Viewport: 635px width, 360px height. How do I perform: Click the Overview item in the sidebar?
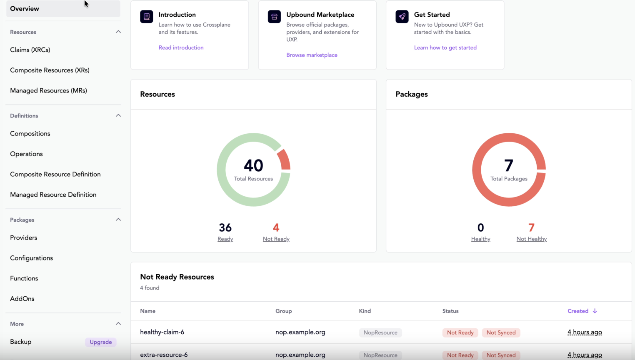click(x=25, y=9)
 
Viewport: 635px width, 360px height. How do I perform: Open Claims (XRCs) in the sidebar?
click(x=30, y=50)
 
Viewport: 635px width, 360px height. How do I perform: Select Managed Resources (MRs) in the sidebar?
click(x=48, y=91)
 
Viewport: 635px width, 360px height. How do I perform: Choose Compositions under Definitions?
click(x=30, y=134)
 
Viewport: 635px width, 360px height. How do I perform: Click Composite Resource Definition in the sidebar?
click(x=55, y=175)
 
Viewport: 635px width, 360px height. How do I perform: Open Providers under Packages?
click(x=24, y=238)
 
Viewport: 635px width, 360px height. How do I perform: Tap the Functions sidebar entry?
click(x=24, y=279)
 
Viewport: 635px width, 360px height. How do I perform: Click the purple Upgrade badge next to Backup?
click(x=101, y=342)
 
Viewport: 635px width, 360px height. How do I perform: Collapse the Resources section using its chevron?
click(x=118, y=32)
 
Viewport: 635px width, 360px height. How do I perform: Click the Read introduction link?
click(x=181, y=48)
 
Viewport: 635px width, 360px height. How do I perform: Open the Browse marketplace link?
click(x=312, y=55)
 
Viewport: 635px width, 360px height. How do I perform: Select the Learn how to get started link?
click(x=445, y=48)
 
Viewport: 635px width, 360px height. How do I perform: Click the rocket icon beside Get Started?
click(x=402, y=17)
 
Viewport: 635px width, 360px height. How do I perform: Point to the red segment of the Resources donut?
click(x=285, y=160)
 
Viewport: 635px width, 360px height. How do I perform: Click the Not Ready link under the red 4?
click(x=276, y=239)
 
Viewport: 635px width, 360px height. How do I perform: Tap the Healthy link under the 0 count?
click(x=480, y=239)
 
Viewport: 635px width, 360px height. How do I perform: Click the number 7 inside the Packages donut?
click(x=508, y=166)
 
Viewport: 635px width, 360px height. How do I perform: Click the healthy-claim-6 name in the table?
click(x=162, y=332)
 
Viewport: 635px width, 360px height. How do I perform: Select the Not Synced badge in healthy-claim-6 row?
click(x=501, y=333)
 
